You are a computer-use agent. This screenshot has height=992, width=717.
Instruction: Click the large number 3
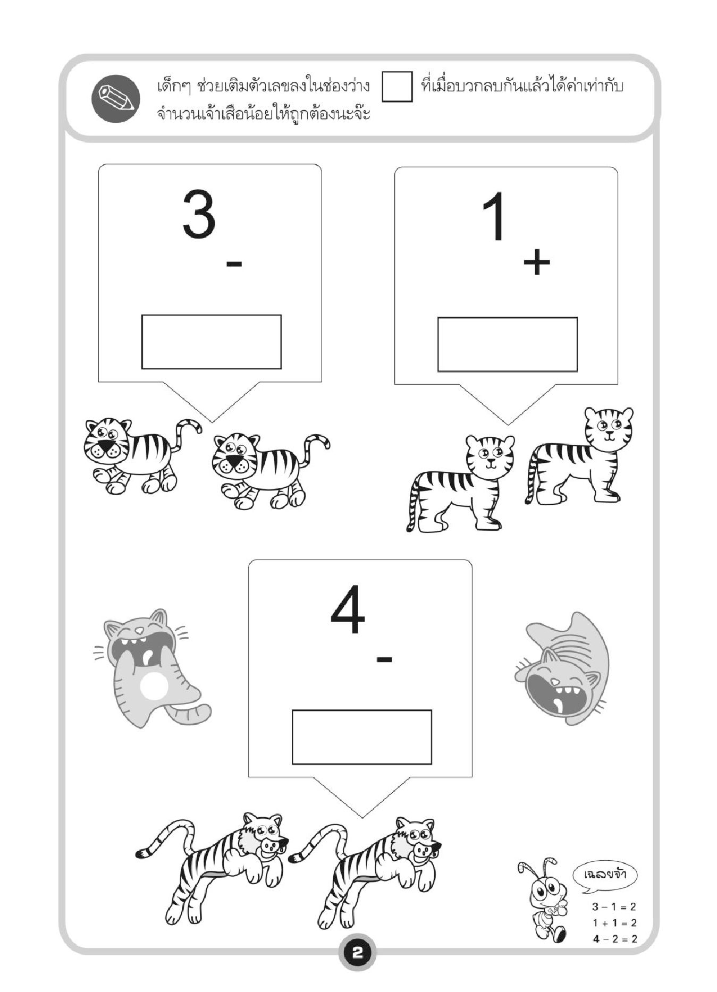tap(199, 214)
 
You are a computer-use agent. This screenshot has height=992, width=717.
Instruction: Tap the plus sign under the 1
tap(536, 262)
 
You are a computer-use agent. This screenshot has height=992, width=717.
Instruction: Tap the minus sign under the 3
tap(234, 262)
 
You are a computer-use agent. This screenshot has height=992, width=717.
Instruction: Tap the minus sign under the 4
tap(384, 659)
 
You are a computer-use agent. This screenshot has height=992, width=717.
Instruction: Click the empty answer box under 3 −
tap(212, 342)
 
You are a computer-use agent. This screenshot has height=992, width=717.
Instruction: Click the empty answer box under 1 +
tap(508, 344)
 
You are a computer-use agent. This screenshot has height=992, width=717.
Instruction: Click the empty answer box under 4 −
tap(362, 737)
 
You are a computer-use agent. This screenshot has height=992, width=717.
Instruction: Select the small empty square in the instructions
tap(397, 87)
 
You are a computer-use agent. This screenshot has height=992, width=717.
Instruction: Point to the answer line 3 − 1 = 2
tap(614, 907)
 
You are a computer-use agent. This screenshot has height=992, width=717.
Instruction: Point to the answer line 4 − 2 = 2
tap(614, 939)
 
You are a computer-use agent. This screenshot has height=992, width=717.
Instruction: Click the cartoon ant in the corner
tap(542, 900)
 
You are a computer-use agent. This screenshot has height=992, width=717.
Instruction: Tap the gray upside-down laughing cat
tap(562, 670)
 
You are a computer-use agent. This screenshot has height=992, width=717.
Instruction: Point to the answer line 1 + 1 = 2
tap(614, 923)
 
